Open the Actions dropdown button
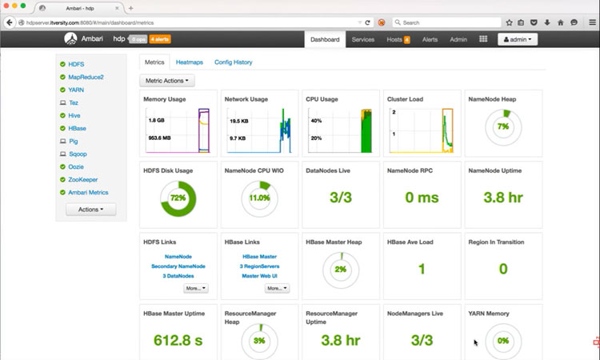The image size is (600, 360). click(90, 209)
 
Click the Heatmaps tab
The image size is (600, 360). click(189, 62)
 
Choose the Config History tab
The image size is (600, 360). click(233, 62)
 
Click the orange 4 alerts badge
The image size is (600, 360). click(159, 39)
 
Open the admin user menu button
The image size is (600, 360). click(518, 39)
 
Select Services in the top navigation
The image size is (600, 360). click(363, 39)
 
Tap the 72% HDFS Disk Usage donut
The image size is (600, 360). click(178, 197)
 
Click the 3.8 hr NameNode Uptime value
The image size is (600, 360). click(502, 197)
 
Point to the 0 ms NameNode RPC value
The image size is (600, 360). click(421, 197)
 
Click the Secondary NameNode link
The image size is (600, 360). click(178, 266)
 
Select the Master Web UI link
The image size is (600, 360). click(258, 276)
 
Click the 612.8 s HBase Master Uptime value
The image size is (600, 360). click(178, 339)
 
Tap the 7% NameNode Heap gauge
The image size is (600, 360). click(502, 126)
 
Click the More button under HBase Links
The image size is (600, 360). click(275, 288)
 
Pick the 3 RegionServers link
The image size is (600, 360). click(258, 266)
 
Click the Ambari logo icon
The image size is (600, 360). click(71, 39)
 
